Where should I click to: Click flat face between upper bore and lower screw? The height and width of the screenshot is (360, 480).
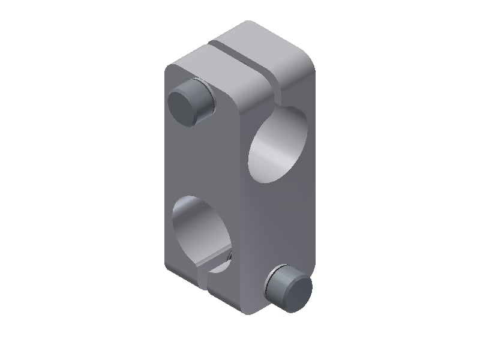[x=282, y=222]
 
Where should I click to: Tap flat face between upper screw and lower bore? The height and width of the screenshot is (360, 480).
[x=186, y=162]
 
